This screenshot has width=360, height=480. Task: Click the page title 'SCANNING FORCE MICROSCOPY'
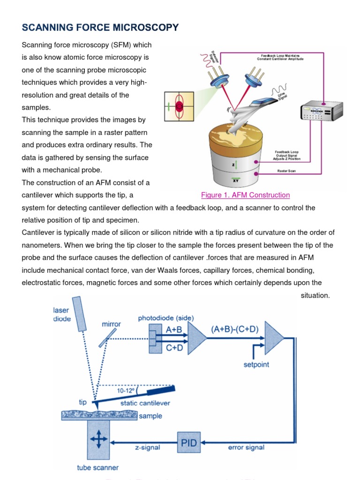100,28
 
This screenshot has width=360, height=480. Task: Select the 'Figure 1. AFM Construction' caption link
245,195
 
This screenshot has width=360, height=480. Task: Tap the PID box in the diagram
189,442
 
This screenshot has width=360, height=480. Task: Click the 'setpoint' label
256,364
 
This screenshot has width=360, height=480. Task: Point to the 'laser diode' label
61,315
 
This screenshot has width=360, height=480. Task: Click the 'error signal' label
247,447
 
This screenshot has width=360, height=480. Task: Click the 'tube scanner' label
98,467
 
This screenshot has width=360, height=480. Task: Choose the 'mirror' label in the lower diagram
112,324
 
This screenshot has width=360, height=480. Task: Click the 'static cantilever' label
145,403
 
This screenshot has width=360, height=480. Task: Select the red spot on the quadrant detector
179,107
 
